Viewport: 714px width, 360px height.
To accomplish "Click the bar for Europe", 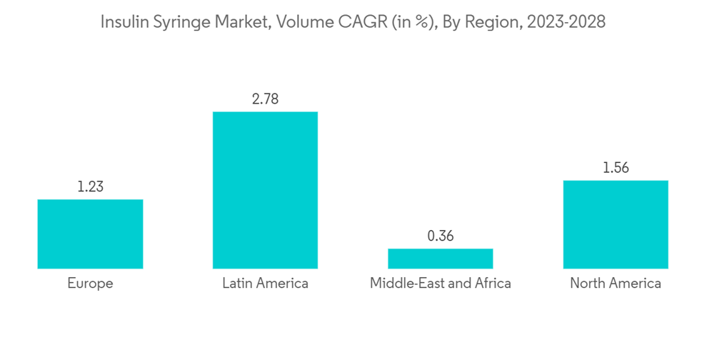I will tap(90, 234).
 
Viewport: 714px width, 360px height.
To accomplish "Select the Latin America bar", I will tap(265, 190).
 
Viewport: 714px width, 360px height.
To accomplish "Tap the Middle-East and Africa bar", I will tap(441, 259).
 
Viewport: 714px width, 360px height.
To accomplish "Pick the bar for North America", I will tap(615, 224).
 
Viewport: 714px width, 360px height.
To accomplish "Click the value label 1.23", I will tap(90, 187).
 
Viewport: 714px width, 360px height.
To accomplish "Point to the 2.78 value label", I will tap(265, 99).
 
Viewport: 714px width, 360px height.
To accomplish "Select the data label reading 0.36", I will tap(441, 236).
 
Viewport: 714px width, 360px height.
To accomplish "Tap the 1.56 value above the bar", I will tap(615, 168).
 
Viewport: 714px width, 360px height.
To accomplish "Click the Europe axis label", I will tap(90, 284).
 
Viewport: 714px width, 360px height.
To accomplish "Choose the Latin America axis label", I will tap(265, 284).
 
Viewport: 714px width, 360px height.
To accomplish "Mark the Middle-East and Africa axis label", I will tap(441, 284).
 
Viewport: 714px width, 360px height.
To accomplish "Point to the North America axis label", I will tap(615, 284).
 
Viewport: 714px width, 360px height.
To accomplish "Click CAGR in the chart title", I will tap(352, 22).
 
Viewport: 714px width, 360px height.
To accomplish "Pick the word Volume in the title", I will tap(301, 22).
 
